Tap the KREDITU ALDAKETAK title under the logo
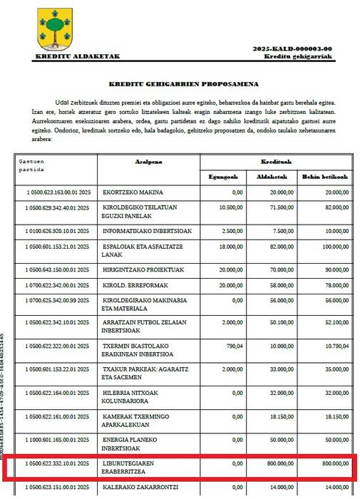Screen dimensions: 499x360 click(77, 56)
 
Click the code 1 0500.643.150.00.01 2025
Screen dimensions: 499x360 click(56, 269)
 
